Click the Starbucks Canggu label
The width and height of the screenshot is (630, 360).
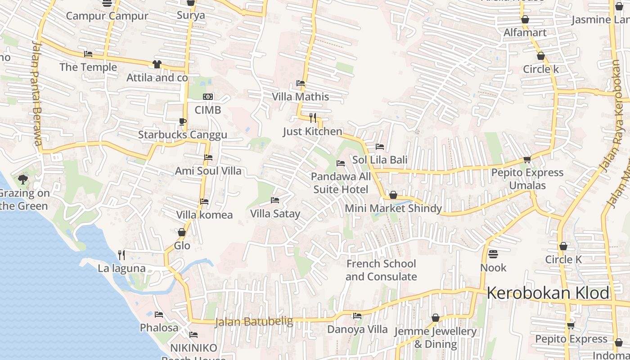(182, 135)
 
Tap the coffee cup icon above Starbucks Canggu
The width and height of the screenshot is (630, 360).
(182, 121)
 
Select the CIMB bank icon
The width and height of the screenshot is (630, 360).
(208, 97)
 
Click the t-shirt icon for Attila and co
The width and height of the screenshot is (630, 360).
(157, 64)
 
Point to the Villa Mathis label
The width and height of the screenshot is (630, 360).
(300, 97)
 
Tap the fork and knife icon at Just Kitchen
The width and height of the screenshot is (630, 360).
(313, 118)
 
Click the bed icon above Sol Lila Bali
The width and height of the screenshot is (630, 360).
(380, 147)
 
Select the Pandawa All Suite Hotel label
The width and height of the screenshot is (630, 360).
(341, 183)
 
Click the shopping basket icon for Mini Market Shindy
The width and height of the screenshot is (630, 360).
(393, 195)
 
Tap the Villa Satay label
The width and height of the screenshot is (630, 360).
(275, 214)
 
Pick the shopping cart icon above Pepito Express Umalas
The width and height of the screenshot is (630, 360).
(527, 159)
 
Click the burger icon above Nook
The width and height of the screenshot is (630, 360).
(493, 254)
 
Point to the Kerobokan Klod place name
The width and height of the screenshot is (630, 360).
(548, 293)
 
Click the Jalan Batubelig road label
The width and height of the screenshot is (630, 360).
(254, 322)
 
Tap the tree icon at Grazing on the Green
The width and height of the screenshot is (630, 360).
(22, 180)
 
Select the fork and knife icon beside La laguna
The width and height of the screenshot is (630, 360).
(121, 255)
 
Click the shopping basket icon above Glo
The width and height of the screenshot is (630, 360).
(182, 233)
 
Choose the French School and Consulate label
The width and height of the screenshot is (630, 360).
(381, 270)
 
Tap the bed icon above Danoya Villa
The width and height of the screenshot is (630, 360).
(357, 316)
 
